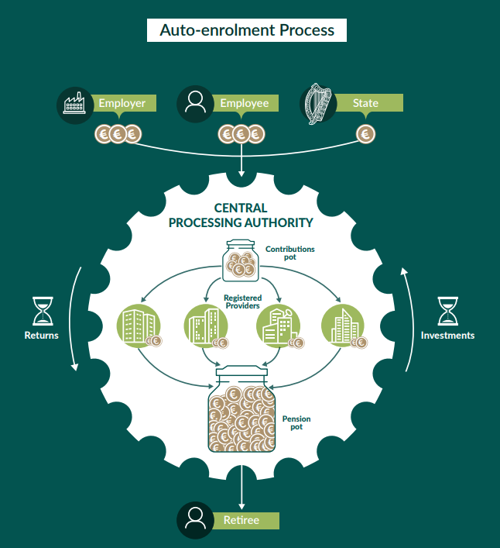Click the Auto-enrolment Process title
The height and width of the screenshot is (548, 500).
pyautogui.click(x=247, y=30)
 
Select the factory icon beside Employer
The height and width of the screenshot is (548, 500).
pyautogui.click(x=75, y=104)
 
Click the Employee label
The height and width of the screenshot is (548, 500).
pyautogui.click(x=244, y=103)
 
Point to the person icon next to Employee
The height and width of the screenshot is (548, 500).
pyautogui.click(x=196, y=104)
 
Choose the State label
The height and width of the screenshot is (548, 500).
pyautogui.click(x=366, y=103)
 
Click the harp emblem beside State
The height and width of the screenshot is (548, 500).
pyautogui.click(x=318, y=104)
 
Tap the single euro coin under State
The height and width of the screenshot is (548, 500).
pyautogui.click(x=366, y=134)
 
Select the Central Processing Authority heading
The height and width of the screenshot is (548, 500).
pyautogui.click(x=241, y=215)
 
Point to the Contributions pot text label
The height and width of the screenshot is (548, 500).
pyautogui.click(x=290, y=253)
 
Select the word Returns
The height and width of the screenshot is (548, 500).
pyautogui.click(x=40, y=336)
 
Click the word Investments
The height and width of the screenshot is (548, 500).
pyautogui.click(x=447, y=336)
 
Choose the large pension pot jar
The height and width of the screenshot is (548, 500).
pyautogui.click(x=241, y=411)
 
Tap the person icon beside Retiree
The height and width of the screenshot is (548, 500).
pyautogui.click(x=196, y=520)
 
